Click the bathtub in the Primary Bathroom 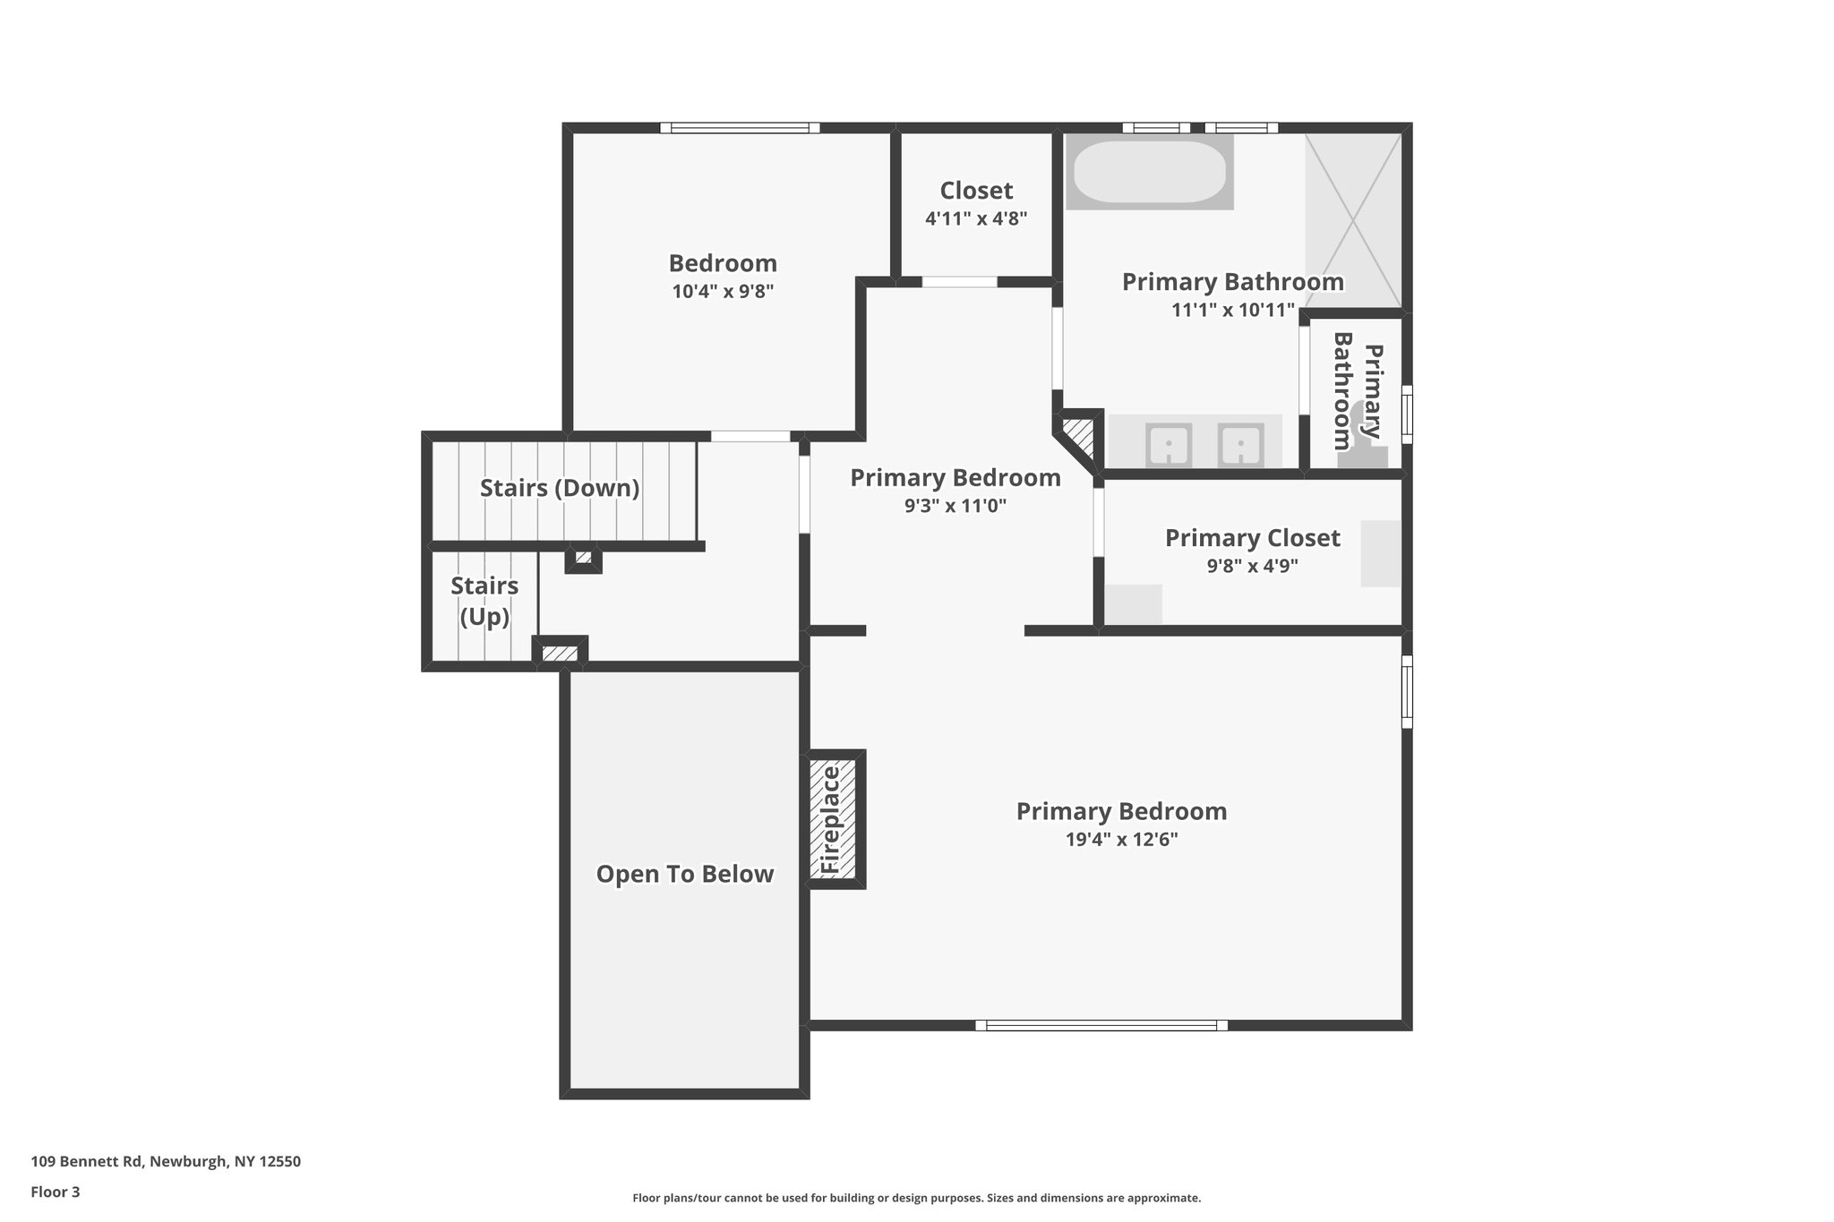click(1149, 173)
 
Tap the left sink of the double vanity click(1169, 444)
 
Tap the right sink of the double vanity click(1240, 444)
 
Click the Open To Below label click(685, 875)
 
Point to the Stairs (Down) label click(560, 489)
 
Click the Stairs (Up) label click(484, 602)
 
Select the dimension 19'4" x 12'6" click(1121, 840)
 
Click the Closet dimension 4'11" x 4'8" click(976, 218)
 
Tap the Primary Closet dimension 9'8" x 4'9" click(1252, 566)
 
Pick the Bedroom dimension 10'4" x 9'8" click(723, 291)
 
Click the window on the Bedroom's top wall click(740, 128)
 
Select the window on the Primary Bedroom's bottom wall click(1101, 1026)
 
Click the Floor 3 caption click(56, 1192)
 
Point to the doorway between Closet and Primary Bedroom click(959, 282)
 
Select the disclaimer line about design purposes click(916, 1198)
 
